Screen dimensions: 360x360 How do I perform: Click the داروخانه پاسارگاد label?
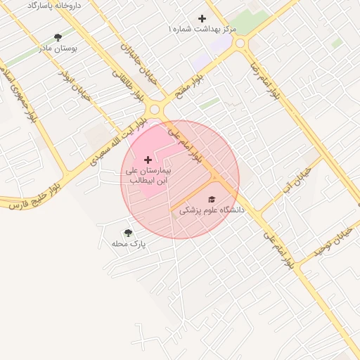[53, 5]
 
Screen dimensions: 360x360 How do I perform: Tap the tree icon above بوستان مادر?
[58, 37]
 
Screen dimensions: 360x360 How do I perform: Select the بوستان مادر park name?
[58, 49]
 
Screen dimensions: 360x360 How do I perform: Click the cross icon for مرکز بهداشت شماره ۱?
[202, 18]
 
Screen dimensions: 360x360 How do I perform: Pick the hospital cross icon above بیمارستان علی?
[148, 160]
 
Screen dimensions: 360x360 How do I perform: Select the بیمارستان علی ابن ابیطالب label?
[148, 175]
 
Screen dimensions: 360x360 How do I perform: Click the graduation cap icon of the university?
[212, 199]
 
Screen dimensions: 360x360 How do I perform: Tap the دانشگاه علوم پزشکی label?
[211, 210]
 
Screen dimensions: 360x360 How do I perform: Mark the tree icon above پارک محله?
[128, 233]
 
